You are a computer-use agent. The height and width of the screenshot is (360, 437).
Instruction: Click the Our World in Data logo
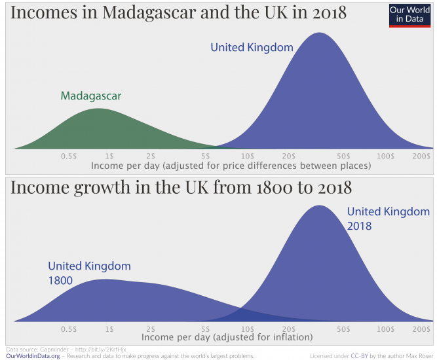(409, 14)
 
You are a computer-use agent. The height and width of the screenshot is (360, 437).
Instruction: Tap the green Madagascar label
(91, 96)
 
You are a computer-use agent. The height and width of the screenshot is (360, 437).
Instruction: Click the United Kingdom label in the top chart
(252, 47)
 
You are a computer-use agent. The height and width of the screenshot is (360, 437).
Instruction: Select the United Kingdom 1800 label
(89, 273)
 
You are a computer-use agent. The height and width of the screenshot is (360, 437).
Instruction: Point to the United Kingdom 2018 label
(388, 219)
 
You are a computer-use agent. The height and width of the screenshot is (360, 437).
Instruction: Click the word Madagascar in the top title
(132, 12)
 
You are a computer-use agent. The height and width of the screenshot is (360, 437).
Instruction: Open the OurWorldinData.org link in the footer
(33, 356)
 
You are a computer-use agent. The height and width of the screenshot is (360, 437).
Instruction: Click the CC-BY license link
(360, 356)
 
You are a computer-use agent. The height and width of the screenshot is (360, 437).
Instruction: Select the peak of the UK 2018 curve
(319, 206)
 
